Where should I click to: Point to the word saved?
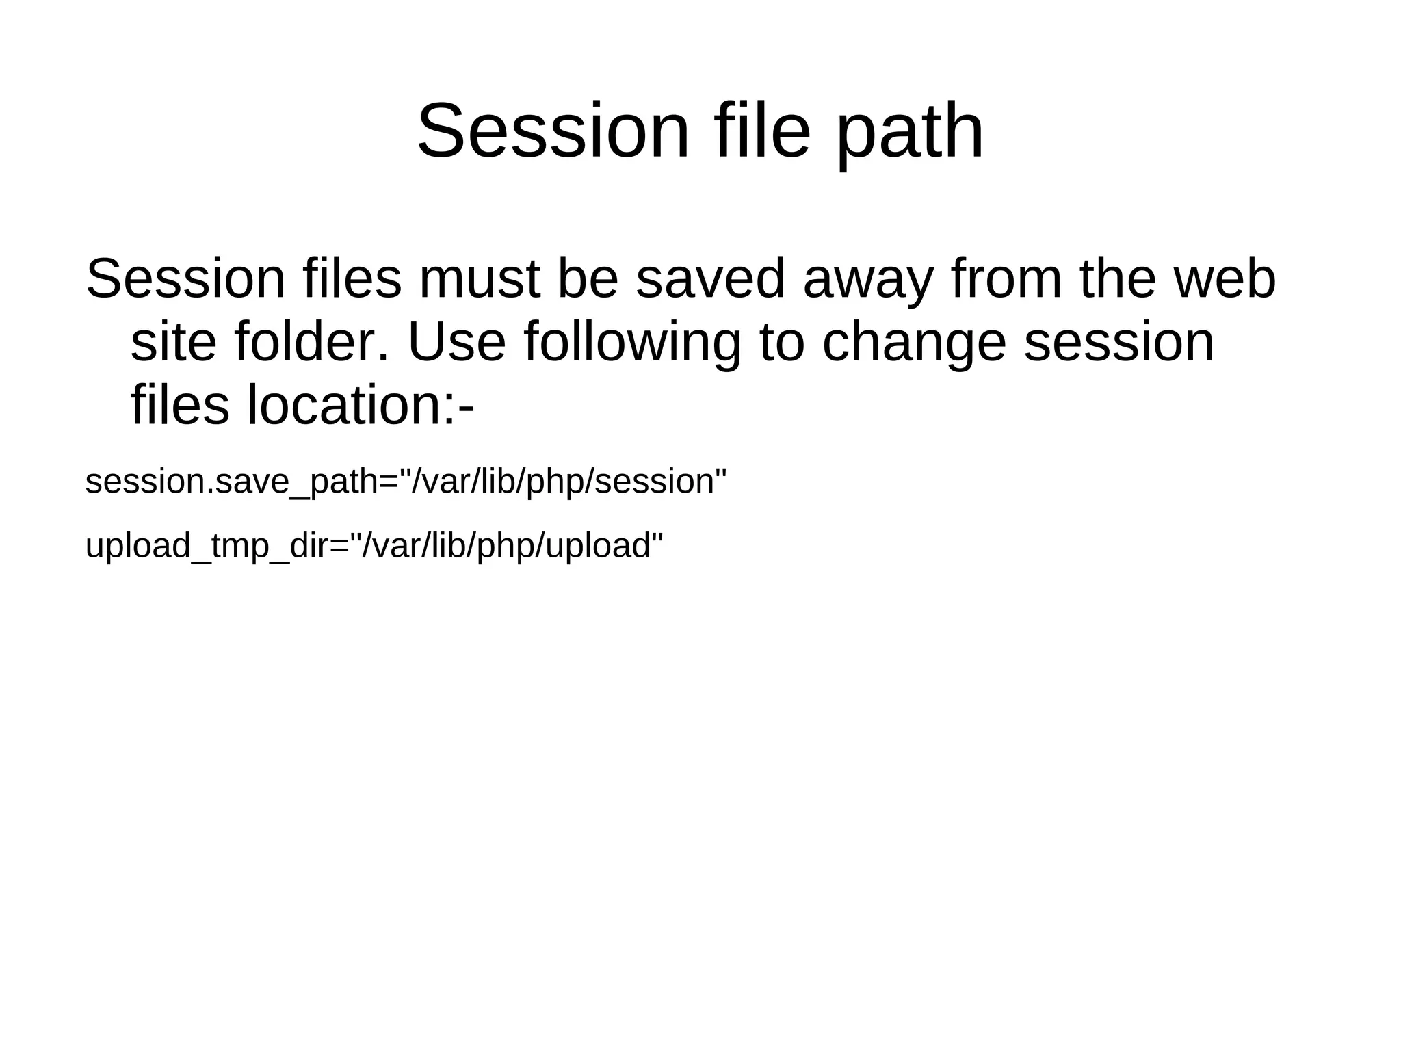[x=709, y=279]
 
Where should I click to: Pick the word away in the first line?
[x=867, y=279]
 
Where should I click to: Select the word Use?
[x=456, y=342]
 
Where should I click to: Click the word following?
[x=632, y=342]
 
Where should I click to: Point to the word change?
[x=913, y=342]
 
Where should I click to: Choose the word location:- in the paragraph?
[x=361, y=406]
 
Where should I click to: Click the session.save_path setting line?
[x=406, y=482]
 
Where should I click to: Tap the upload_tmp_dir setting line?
[x=374, y=546]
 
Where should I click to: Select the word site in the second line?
[x=173, y=342]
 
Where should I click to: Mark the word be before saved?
[x=588, y=279]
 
